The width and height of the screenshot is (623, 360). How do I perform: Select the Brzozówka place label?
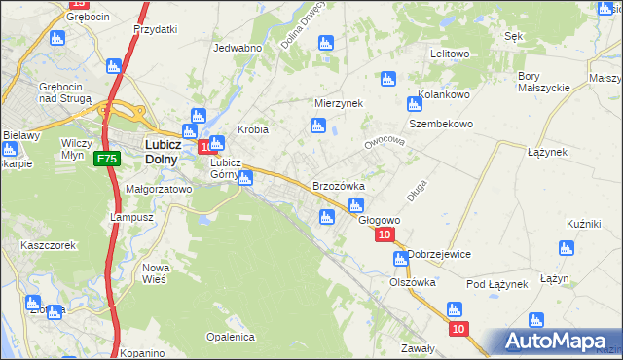coord(338,185)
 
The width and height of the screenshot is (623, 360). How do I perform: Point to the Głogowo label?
coord(380,220)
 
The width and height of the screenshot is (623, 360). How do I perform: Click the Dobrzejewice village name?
coord(439,254)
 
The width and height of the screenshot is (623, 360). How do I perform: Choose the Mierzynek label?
coord(338,102)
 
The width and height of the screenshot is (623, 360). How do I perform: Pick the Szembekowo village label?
coord(440,125)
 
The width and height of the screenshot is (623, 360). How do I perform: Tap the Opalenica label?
coord(230,337)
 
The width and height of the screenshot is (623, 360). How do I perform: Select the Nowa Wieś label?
coord(156,272)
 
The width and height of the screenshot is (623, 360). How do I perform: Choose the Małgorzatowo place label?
coord(159,189)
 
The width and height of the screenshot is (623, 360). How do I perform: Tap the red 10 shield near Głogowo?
coord(385,235)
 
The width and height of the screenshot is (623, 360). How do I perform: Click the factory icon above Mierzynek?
coord(325,44)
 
